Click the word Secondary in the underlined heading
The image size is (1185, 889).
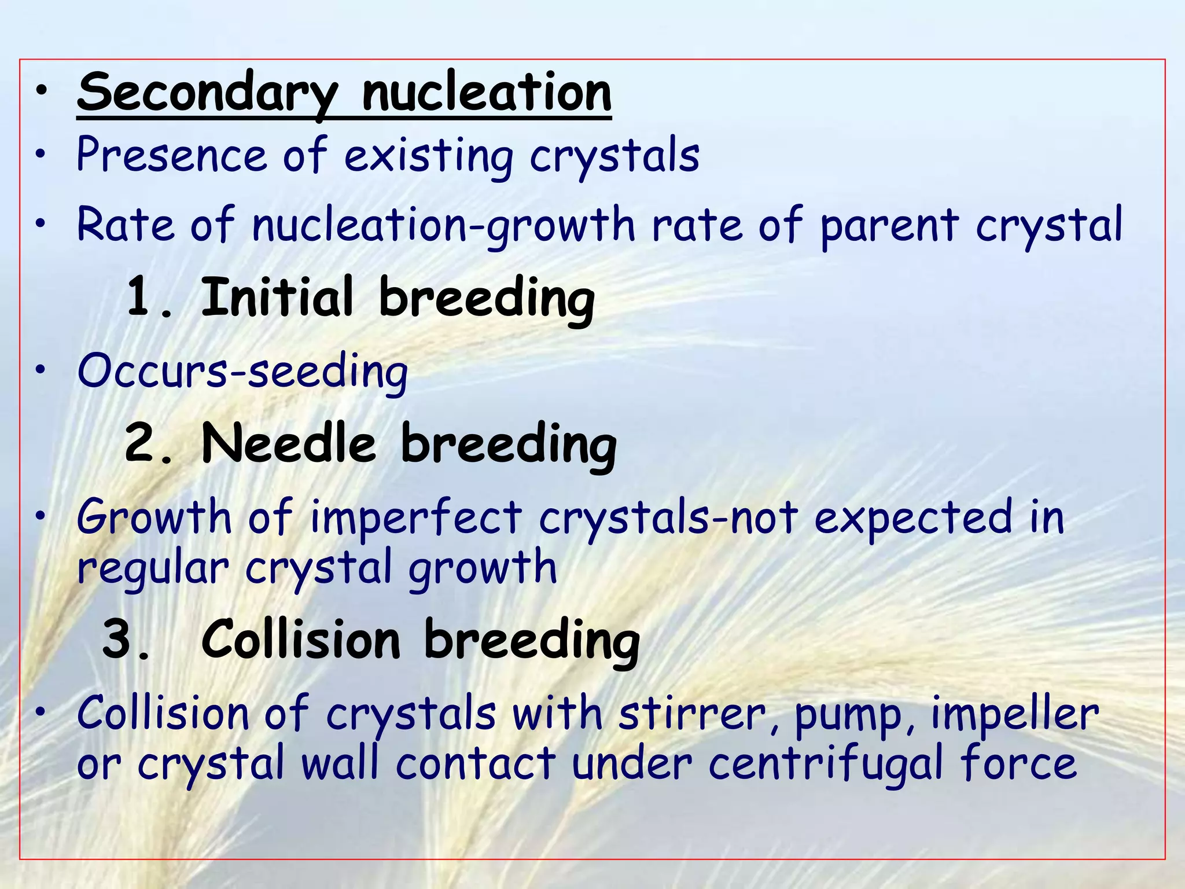[x=207, y=93]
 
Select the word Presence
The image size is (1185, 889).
[x=171, y=155]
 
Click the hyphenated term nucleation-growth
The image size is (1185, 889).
[x=443, y=226]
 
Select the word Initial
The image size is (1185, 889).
[x=277, y=296]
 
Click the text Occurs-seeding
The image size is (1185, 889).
[x=243, y=372]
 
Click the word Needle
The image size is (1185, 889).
[x=289, y=443]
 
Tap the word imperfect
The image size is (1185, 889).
[x=416, y=517]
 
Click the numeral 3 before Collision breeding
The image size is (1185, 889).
[x=119, y=639]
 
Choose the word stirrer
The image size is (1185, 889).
[x=692, y=714]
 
